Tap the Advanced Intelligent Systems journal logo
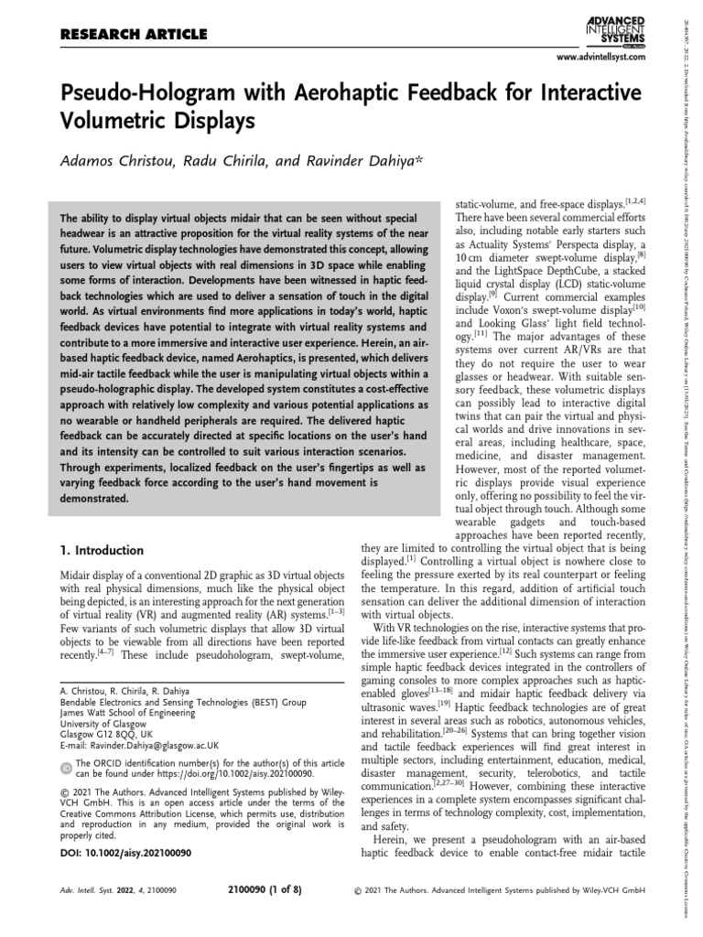(x=614, y=27)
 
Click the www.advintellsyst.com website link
(x=596, y=58)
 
